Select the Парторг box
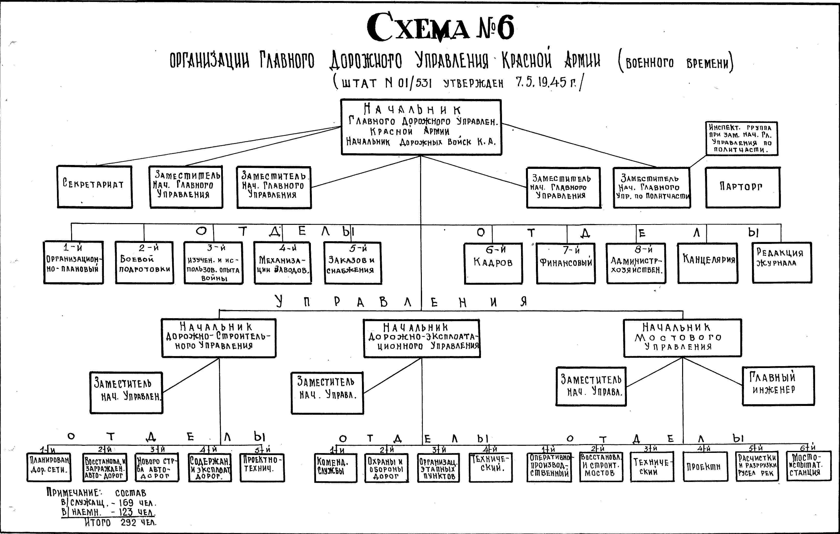click(742, 187)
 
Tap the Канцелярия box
click(708, 263)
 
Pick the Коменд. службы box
click(336, 467)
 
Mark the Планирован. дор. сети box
click(49, 467)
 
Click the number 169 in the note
click(126, 503)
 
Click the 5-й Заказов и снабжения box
click(352, 263)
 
